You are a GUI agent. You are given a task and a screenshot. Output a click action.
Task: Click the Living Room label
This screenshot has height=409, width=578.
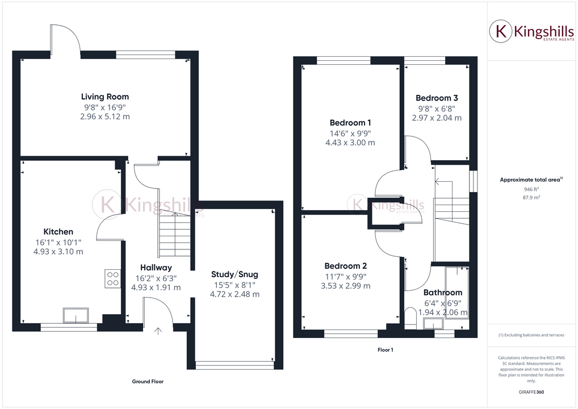105,97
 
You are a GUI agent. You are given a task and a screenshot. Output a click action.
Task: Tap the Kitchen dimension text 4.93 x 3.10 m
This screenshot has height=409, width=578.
58,251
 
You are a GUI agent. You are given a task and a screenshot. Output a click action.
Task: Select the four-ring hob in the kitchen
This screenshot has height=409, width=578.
112,278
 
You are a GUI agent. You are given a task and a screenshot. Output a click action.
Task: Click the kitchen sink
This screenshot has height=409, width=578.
76,315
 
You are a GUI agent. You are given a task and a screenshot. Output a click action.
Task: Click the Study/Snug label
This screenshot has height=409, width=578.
234,274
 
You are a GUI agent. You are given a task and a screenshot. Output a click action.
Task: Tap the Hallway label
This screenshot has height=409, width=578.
156,268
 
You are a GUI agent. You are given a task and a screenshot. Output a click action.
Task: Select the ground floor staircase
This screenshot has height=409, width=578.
174,236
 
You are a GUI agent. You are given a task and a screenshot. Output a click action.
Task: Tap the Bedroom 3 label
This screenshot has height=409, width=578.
437,98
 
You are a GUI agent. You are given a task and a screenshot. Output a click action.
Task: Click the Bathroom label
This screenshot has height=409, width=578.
443,293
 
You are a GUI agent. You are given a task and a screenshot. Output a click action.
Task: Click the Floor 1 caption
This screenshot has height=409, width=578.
385,350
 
